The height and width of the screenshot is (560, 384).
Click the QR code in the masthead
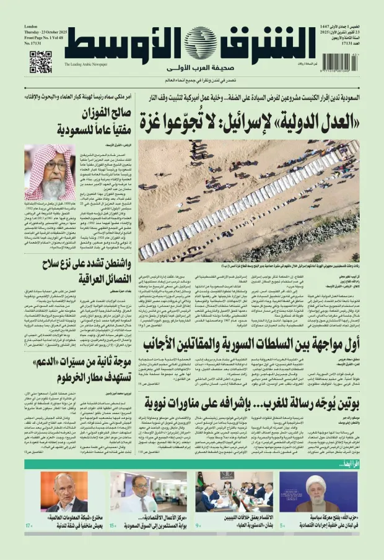pyautogui.click(x=40, y=62)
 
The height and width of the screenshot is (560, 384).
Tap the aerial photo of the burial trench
pyautogui.click(x=248, y=200)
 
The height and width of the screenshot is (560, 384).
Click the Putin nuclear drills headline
pyautogui.click(x=248, y=404)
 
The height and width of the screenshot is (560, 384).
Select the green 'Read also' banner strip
pyautogui.click(x=192, y=465)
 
